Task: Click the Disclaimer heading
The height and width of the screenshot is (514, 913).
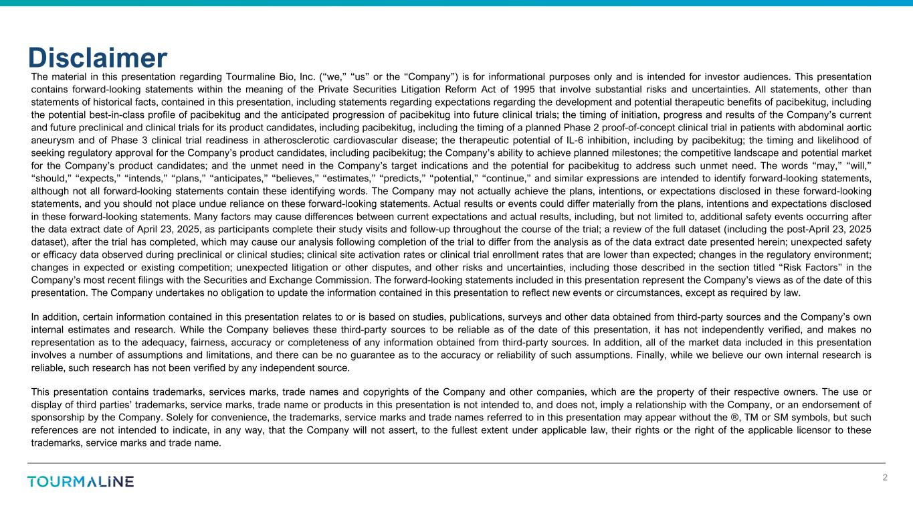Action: pyautogui.click(x=98, y=58)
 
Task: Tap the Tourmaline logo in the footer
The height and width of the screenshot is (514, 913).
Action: pyautogui.click(x=80, y=482)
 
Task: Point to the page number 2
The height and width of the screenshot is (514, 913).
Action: pyautogui.click(x=885, y=478)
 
